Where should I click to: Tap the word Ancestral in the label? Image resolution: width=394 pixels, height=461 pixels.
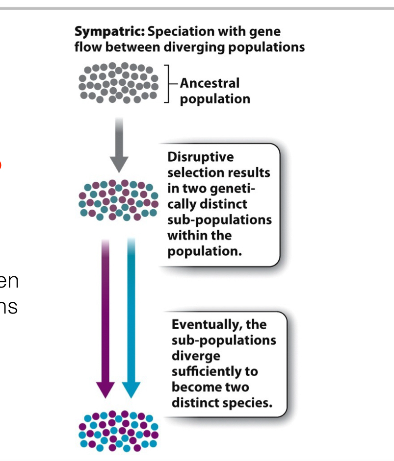(210, 83)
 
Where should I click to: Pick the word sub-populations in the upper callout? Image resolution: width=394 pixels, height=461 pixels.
(219, 219)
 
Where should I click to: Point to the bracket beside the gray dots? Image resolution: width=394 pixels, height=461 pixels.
(167, 83)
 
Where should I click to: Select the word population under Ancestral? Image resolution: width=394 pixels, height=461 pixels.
(215, 99)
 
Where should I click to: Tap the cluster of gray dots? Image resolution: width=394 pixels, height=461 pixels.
(119, 83)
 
